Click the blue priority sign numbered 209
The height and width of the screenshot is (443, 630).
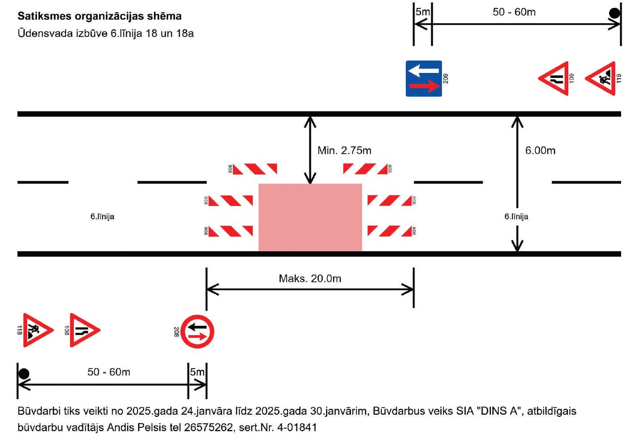pos(423,79)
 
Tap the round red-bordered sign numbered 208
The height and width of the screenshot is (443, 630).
pos(197,331)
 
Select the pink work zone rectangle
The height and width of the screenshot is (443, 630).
pos(310,217)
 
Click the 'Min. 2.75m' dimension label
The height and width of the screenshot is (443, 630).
pos(344,151)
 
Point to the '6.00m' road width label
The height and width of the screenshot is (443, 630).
pos(540,151)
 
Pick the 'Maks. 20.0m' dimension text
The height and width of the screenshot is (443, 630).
pos(310,279)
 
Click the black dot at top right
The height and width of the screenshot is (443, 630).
pos(614,13)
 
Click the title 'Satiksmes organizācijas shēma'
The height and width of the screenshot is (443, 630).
pos(100,16)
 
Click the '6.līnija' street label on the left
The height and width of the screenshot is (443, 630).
pos(102,216)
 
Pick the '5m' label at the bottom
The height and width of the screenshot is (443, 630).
pos(197,372)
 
